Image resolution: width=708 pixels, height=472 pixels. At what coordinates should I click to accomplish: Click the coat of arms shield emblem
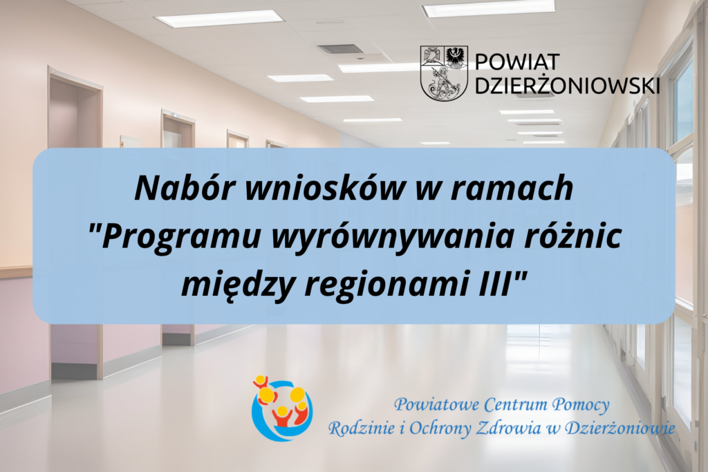pos(445,73)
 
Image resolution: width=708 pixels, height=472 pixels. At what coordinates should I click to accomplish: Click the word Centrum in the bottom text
pos(516,403)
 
